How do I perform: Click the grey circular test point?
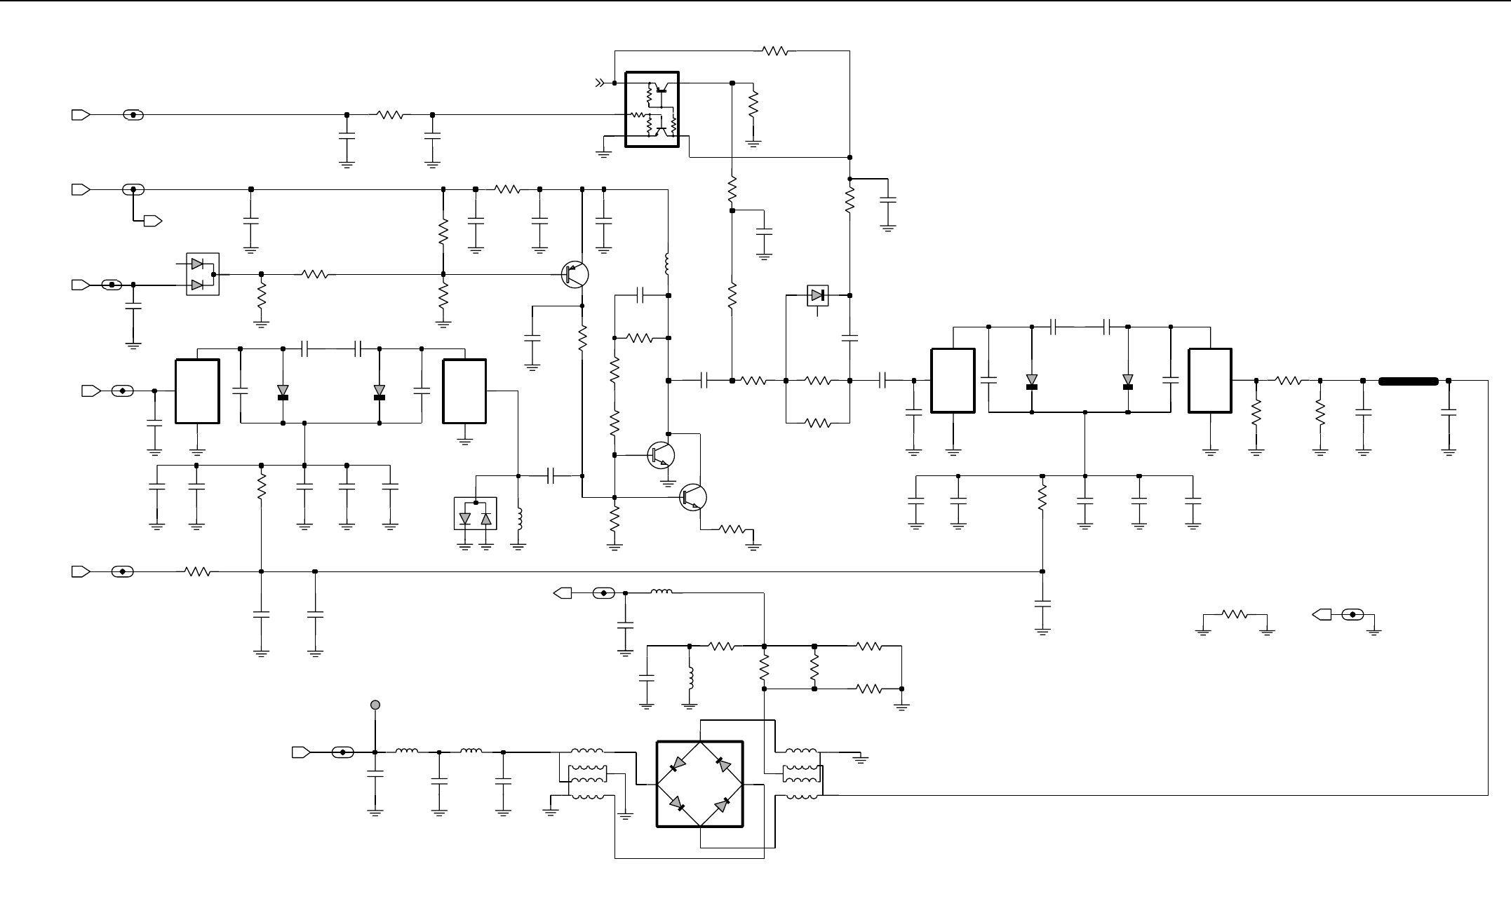point(375,705)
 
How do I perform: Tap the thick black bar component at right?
point(1409,381)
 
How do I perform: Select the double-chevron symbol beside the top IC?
point(599,83)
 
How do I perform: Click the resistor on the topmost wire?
point(775,50)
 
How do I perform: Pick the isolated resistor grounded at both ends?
point(1234,614)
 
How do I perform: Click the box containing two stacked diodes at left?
point(202,274)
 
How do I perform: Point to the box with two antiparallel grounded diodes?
point(476,514)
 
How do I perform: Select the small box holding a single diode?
point(817,295)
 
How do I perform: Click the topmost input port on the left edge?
point(81,115)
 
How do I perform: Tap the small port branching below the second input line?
point(153,222)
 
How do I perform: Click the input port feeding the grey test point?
point(301,752)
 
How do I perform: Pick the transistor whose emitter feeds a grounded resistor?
point(693,496)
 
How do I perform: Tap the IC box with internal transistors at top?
point(652,109)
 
